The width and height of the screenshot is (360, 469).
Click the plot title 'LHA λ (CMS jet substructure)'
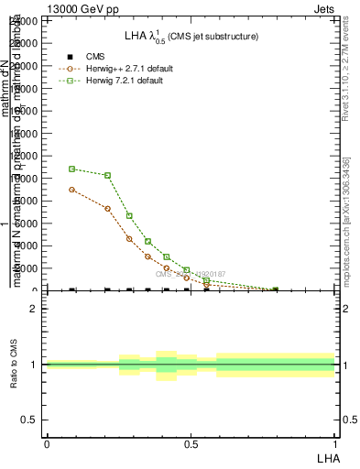pyautogui.click(x=191, y=37)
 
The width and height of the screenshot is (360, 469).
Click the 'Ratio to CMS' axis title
pyautogui.click(x=15, y=365)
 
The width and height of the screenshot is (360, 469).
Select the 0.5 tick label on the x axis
pyautogui.click(x=191, y=442)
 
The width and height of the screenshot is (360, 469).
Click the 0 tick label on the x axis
pyautogui.click(x=47, y=442)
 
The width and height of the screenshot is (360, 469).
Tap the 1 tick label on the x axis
pyautogui.click(x=335, y=442)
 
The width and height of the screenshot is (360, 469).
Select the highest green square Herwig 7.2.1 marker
pyautogui.click(x=72, y=169)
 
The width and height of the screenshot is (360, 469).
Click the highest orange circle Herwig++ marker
pyautogui.click(x=72, y=190)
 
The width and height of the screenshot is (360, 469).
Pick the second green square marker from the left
pyautogui.click(x=108, y=175)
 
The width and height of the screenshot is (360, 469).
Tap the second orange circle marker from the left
pyautogui.click(x=108, y=209)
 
